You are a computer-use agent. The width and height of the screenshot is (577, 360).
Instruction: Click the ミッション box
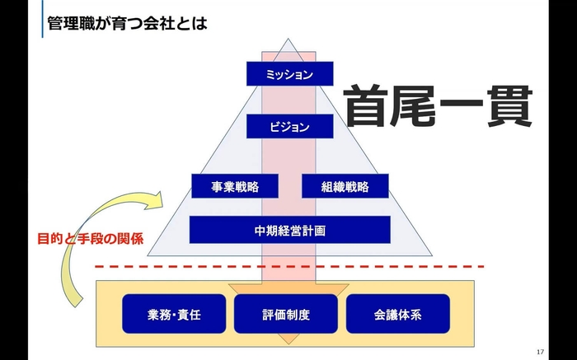(x=289, y=74)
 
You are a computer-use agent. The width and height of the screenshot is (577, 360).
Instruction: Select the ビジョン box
(x=289, y=127)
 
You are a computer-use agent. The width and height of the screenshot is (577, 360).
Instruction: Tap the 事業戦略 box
(x=235, y=186)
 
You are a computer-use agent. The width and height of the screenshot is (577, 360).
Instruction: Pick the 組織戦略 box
(x=345, y=186)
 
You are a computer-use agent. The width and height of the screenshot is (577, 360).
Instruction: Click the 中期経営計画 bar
(x=289, y=230)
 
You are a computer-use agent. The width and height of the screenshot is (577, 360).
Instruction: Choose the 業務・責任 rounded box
(x=173, y=314)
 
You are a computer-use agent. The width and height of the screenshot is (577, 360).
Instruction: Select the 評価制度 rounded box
(x=286, y=314)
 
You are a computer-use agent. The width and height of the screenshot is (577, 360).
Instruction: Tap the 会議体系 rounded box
(x=398, y=314)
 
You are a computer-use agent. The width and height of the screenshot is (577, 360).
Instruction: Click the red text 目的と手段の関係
(x=91, y=240)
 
